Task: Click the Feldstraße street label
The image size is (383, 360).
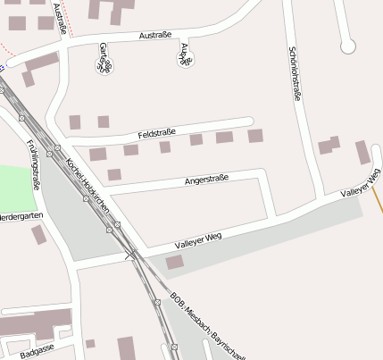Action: click(156, 134)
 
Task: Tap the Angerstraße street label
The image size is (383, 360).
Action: click(206, 180)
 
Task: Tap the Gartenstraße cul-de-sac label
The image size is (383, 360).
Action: click(105, 56)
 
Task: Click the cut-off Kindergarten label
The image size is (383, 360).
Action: click(17, 216)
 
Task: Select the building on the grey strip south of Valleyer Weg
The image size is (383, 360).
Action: click(174, 262)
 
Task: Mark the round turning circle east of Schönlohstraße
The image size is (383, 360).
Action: click(347, 46)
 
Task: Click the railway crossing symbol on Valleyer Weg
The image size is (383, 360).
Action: click(131, 255)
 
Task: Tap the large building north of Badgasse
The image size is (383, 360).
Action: click(36, 322)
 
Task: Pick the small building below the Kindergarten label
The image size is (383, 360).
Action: click(38, 234)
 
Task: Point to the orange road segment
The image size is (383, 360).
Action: click(379, 201)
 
